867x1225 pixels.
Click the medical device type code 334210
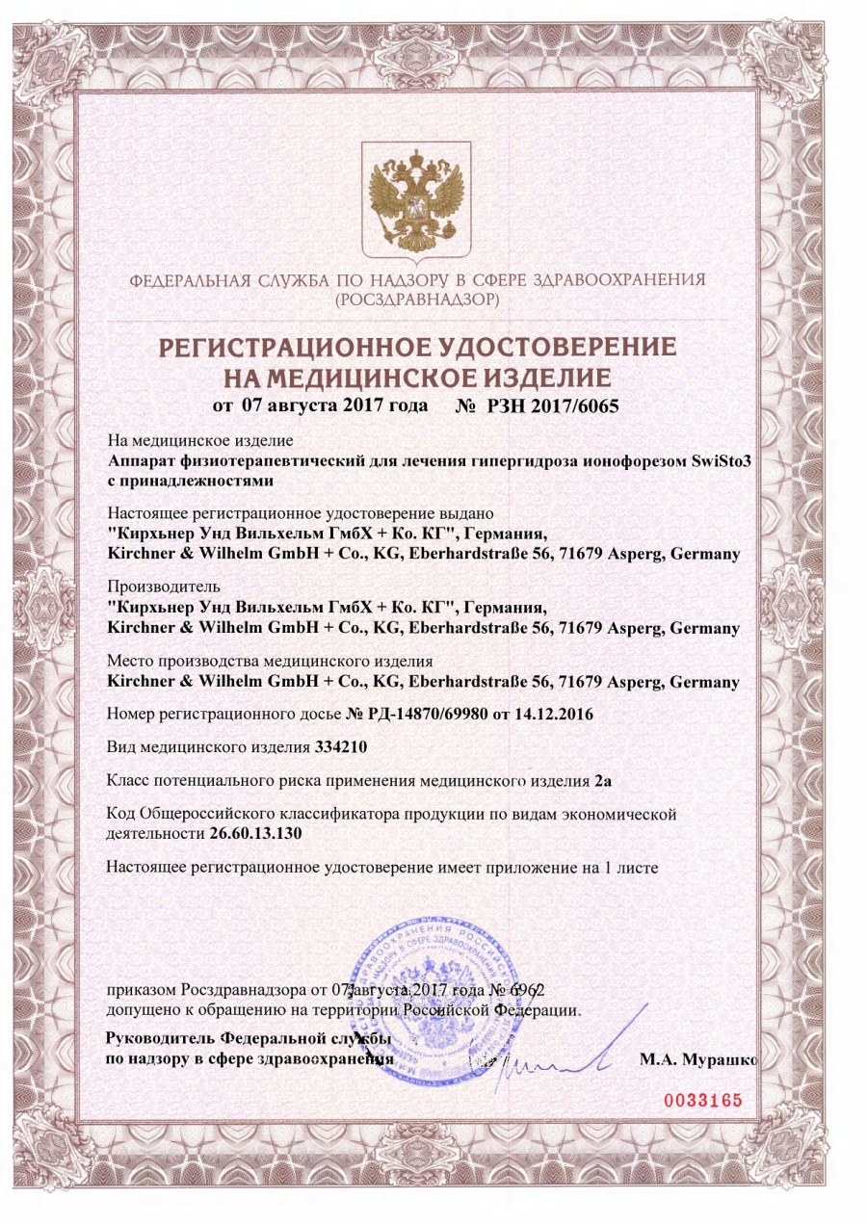343,747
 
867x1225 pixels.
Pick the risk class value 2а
606,779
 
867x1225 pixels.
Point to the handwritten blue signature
559,1059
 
